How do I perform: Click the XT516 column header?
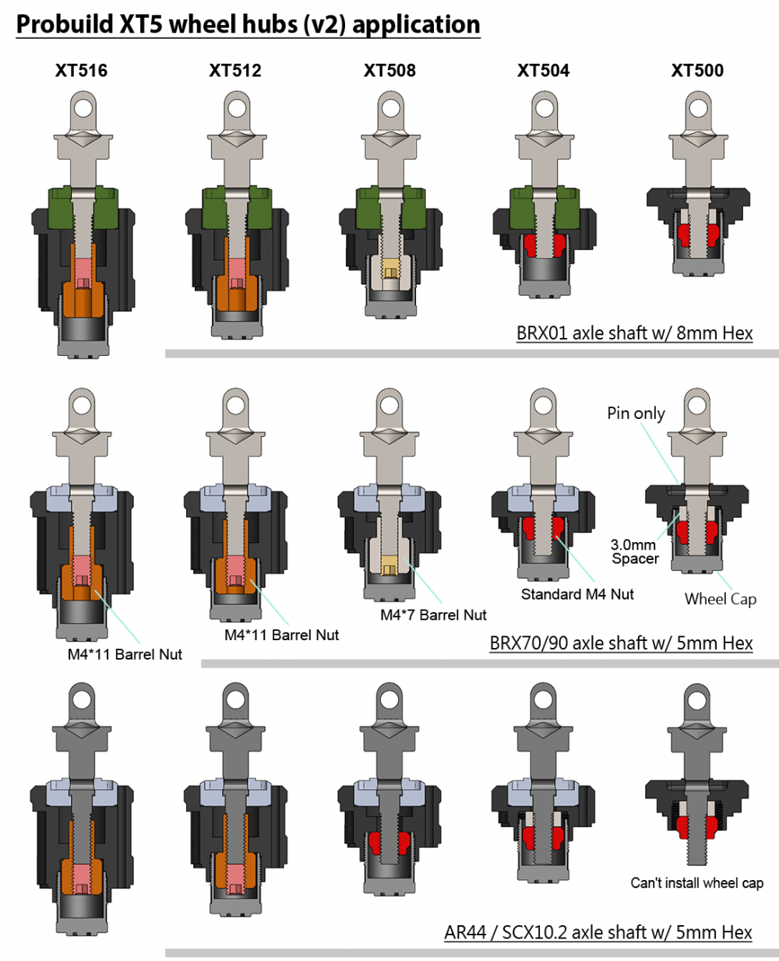pyautogui.click(x=81, y=71)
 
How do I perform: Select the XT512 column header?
pyautogui.click(x=235, y=71)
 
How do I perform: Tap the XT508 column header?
pyautogui.click(x=389, y=71)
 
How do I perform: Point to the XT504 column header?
pyautogui.click(x=543, y=71)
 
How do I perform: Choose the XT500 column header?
pyautogui.click(x=697, y=71)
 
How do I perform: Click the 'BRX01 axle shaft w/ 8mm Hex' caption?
pyautogui.click(x=634, y=333)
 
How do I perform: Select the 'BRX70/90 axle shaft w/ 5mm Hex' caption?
pyautogui.click(x=621, y=643)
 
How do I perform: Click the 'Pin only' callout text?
pyautogui.click(x=636, y=413)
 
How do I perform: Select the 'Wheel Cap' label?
pyautogui.click(x=720, y=599)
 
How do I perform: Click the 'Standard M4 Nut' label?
pyautogui.click(x=577, y=594)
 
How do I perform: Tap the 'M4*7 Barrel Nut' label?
pyautogui.click(x=433, y=615)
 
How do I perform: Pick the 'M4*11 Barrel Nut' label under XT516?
pyautogui.click(x=125, y=655)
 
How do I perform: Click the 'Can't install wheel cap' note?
pyautogui.click(x=696, y=883)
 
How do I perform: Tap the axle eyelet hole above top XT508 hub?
pyautogui.click(x=390, y=107)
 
